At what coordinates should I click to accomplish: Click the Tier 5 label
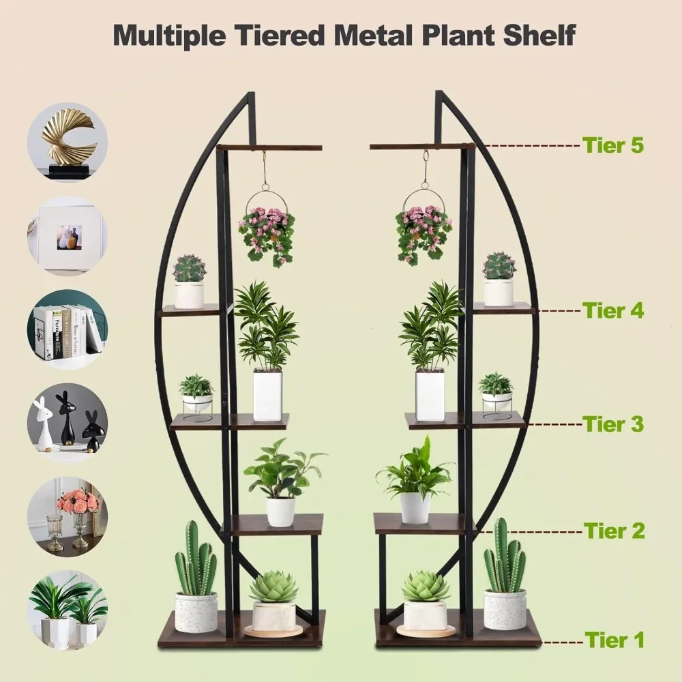612,145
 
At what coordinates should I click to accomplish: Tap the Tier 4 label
612,311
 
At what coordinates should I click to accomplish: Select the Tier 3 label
612,424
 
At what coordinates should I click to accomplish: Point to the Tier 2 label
612,530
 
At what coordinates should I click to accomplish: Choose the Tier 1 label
612,640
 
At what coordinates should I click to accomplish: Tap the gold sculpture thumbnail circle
67,142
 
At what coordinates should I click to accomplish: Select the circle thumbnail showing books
67,330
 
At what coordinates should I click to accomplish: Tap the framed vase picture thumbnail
67,236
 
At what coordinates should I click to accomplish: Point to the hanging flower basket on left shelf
267,232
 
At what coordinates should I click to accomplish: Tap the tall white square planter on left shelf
267,394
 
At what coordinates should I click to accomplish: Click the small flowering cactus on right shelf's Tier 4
499,266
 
